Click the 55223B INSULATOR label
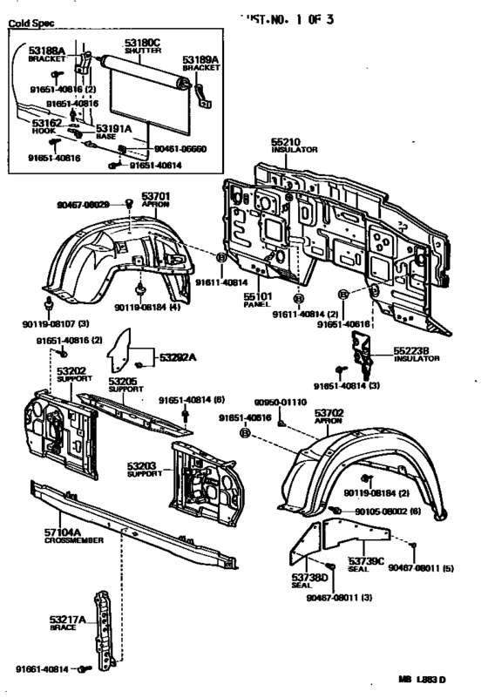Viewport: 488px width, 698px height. (416, 354)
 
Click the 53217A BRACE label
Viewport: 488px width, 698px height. (68, 624)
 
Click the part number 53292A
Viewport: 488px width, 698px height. (178, 356)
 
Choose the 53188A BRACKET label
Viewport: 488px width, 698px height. (46, 54)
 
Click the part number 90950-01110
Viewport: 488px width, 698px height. (281, 403)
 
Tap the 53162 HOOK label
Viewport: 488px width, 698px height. (45, 127)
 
